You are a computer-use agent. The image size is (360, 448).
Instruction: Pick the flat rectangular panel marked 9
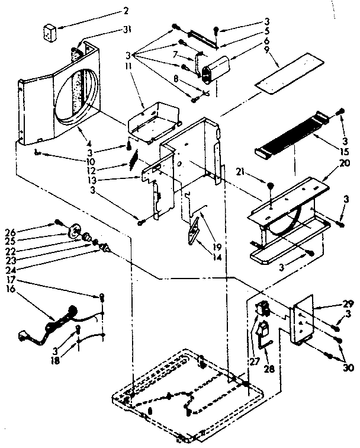point(287,72)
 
